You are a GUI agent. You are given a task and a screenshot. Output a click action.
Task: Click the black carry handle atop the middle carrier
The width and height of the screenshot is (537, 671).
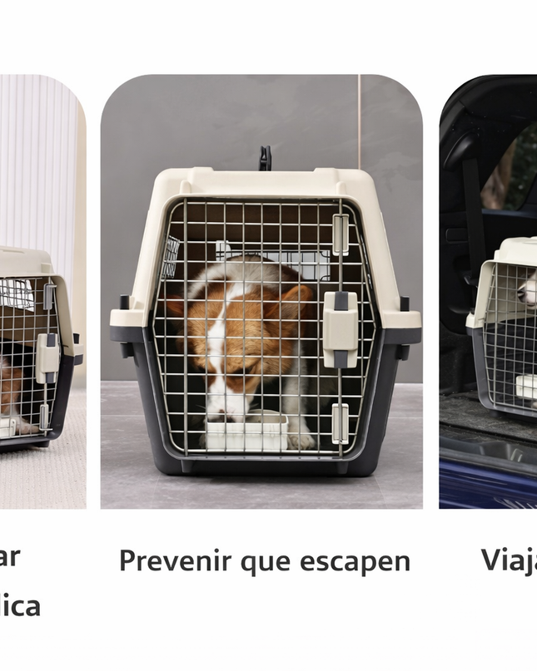[265, 157]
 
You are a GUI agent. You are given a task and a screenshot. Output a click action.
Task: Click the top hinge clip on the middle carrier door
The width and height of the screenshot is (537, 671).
[341, 234]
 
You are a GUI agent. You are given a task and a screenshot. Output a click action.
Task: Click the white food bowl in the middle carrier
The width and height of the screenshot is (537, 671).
[246, 432]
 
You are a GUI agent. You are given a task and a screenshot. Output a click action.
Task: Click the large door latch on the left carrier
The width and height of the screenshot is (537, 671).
[47, 357]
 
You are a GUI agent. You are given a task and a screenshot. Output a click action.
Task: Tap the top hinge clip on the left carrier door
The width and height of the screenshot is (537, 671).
[49, 294]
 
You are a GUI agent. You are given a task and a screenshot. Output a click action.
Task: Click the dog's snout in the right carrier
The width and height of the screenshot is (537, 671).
[527, 291]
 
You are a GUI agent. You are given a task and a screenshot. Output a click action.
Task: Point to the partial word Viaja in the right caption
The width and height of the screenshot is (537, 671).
[509, 560]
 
